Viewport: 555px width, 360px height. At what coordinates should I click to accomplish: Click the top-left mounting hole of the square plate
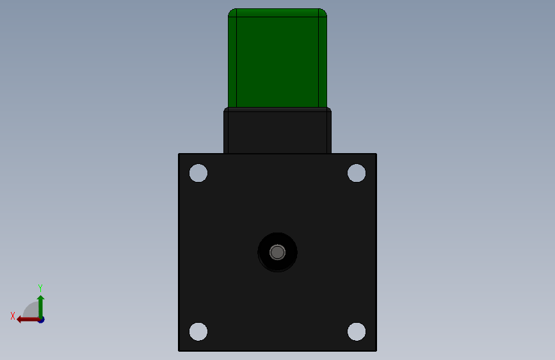[198, 173]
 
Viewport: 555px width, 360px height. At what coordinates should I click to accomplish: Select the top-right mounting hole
[357, 173]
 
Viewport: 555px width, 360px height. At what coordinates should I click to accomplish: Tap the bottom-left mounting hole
[198, 332]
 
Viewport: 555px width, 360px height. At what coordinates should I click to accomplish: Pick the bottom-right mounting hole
[357, 332]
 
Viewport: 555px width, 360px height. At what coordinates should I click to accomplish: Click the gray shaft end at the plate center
[277, 252]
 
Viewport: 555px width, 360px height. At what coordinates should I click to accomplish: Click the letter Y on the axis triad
[40, 288]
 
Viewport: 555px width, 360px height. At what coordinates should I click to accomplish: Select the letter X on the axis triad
[13, 316]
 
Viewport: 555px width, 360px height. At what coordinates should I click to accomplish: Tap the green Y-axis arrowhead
[41, 299]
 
